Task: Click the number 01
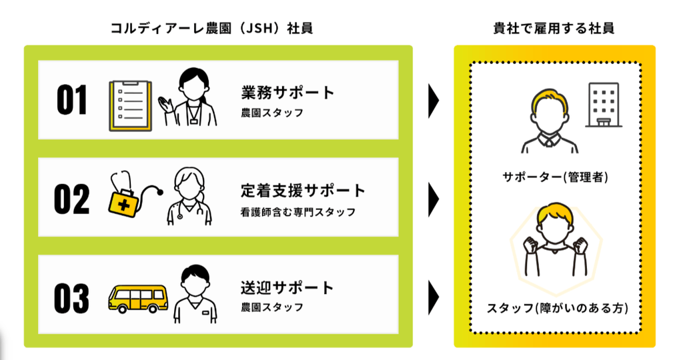[x=72, y=100]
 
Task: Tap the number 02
[x=72, y=199]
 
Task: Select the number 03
[x=72, y=298]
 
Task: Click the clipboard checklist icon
[x=130, y=105]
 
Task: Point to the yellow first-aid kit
[x=123, y=203]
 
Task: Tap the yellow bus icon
[x=138, y=299]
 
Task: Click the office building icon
[x=603, y=105]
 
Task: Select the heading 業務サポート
[x=287, y=92]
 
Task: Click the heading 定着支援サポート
[x=303, y=191]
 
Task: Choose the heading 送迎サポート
[x=287, y=288]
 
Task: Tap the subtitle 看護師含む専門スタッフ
[x=298, y=212]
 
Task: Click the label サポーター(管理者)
[x=555, y=177]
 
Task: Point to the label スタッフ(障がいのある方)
[x=557, y=308]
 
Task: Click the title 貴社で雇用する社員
[x=554, y=28]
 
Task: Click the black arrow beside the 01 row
[x=434, y=101]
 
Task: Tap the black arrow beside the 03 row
[x=434, y=298]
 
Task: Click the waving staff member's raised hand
[x=165, y=105]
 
